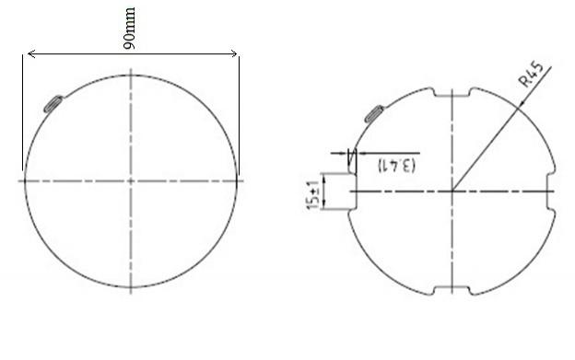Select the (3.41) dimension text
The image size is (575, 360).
click(396, 167)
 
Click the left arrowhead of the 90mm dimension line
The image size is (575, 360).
click(30, 55)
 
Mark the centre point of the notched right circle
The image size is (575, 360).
click(452, 191)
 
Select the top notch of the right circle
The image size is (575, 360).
click(452, 93)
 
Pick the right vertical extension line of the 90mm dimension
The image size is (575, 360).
click(239, 110)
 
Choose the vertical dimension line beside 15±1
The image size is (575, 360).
click(325, 191)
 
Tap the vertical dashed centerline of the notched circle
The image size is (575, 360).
click(452, 239)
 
